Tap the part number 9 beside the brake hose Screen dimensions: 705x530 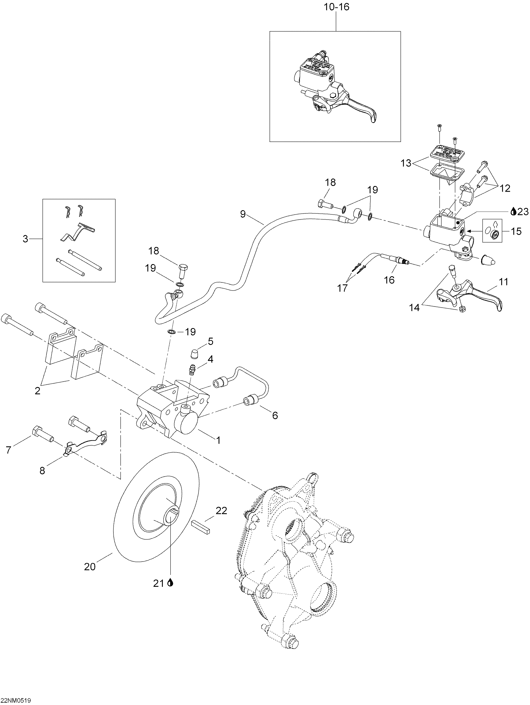pos(243,214)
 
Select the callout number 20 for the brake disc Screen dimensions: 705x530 pos(90,567)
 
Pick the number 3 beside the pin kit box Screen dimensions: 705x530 pos(25,239)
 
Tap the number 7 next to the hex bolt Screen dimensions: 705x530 pos(9,450)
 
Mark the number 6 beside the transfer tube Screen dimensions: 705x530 pos(275,415)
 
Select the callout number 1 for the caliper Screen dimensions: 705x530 pos(218,440)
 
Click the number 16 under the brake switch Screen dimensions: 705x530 pos(389,280)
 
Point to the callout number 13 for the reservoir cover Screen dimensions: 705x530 pos(406,163)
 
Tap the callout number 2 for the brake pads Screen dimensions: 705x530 pos(38,391)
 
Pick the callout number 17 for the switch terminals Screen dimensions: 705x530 pos(343,288)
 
